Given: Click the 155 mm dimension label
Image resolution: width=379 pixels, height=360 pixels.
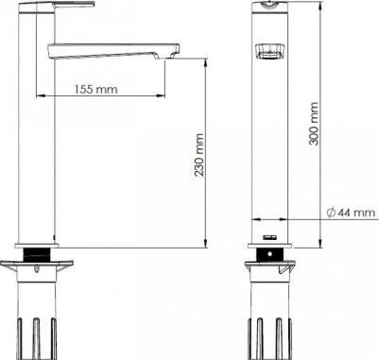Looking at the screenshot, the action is (96, 90).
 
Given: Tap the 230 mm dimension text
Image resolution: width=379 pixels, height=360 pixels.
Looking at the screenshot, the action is (198, 155).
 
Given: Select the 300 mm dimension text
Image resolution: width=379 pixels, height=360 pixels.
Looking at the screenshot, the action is (314, 123).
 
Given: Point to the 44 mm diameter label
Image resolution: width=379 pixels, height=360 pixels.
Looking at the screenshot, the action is (357, 213).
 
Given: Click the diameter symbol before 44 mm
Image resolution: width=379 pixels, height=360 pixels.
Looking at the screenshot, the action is (331, 213).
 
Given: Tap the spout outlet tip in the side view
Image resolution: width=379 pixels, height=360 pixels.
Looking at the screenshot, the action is (172, 54).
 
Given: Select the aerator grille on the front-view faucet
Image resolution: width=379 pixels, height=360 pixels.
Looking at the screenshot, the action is (270, 51).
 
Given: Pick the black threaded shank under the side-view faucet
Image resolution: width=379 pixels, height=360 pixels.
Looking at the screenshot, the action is (38, 254).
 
